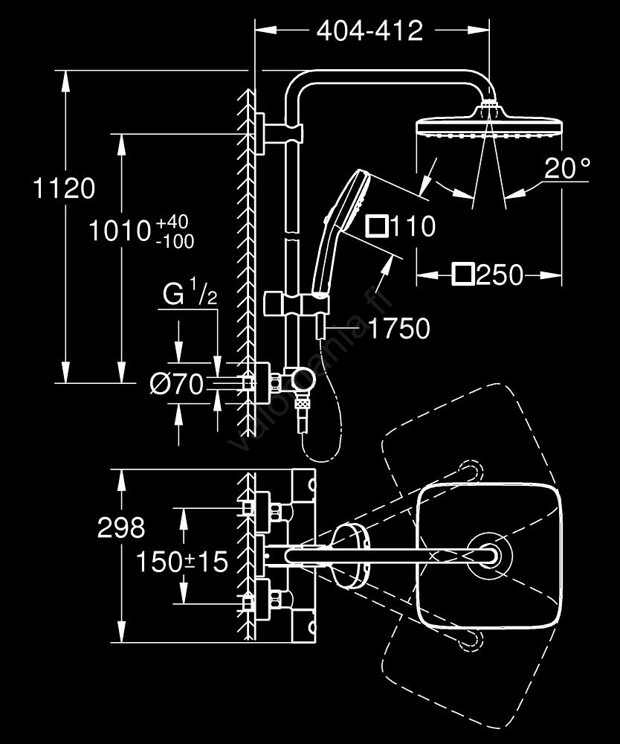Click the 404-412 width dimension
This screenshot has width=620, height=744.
point(369,31)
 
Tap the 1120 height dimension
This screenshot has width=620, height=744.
point(64,188)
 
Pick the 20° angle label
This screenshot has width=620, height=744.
point(566,169)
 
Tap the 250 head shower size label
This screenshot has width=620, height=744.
point(499,275)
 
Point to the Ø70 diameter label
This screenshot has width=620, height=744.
point(176,384)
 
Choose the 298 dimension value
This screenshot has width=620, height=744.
point(121,527)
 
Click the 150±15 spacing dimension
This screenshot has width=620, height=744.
point(181,562)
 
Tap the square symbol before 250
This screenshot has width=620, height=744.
point(462,275)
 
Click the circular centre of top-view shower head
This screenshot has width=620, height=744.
point(489,554)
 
